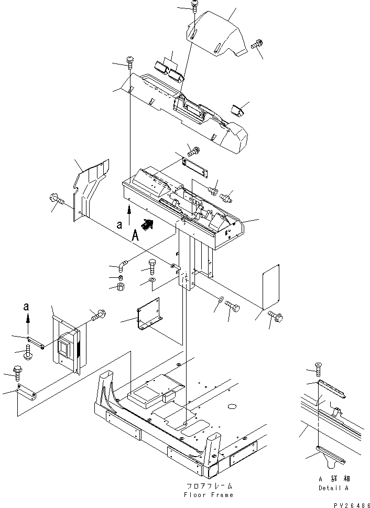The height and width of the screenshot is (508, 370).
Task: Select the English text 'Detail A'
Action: (x=333, y=488)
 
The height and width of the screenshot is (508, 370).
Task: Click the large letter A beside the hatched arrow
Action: (x=135, y=236)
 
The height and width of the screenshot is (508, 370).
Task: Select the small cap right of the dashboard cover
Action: (x=237, y=111)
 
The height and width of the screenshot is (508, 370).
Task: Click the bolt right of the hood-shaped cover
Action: (x=257, y=46)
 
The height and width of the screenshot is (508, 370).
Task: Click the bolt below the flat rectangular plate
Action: (x=276, y=317)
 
